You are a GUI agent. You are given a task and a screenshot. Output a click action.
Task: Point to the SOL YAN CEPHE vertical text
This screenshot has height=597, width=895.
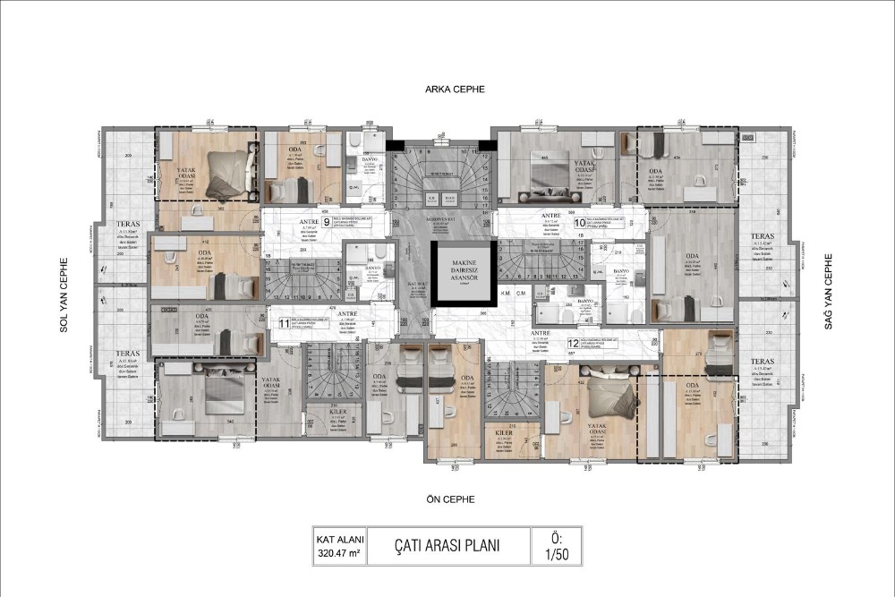pyautogui.click(x=64, y=295)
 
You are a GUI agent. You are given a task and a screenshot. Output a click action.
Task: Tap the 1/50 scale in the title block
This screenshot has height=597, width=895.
pyautogui.click(x=557, y=553)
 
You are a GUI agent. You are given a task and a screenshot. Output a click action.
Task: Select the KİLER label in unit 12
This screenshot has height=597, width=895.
pyautogui.click(x=504, y=431)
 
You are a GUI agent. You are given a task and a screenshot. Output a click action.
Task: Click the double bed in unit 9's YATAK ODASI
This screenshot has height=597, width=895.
pyautogui.click(x=224, y=172)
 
